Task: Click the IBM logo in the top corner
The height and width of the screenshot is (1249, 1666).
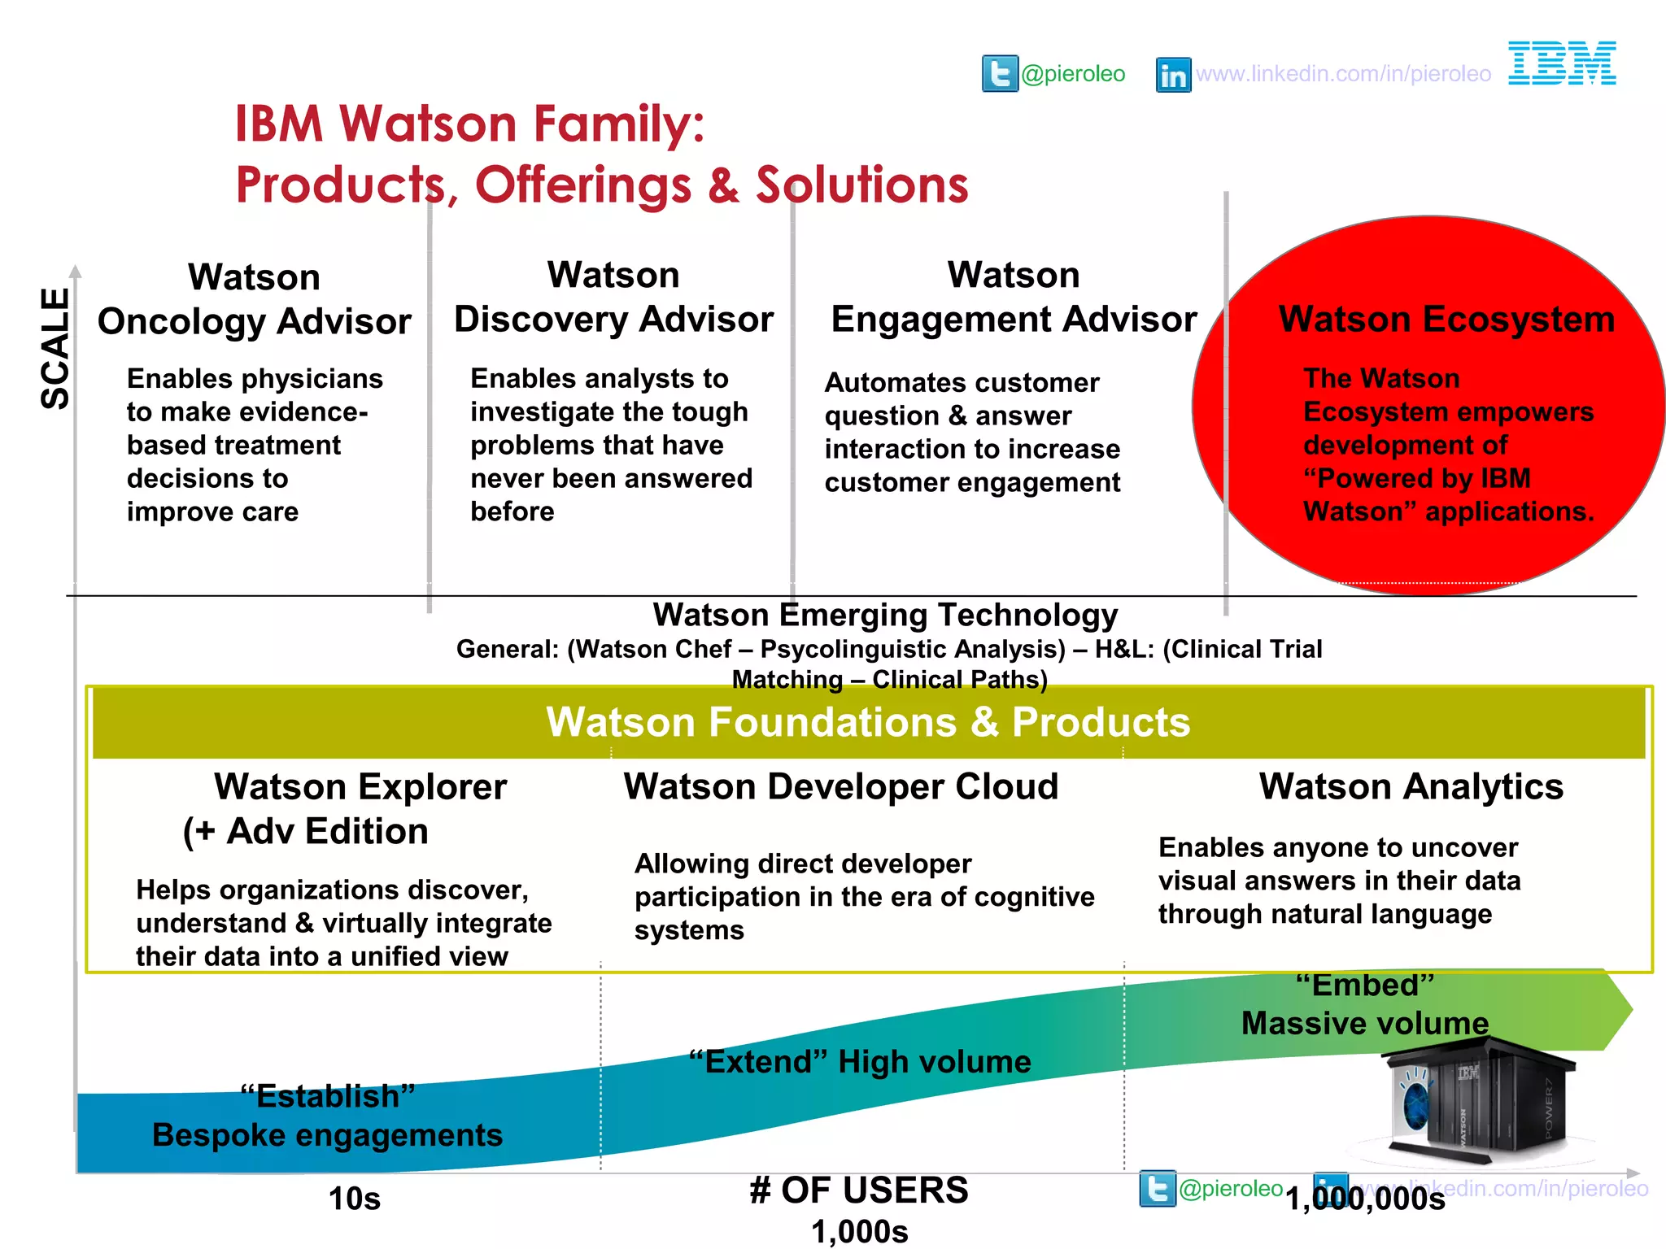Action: pyautogui.click(x=1562, y=63)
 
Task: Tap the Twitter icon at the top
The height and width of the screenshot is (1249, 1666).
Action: pyautogui.click(x=1000, y=74)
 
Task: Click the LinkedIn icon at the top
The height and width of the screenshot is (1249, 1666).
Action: pyautogui.click(x=1173, y=75)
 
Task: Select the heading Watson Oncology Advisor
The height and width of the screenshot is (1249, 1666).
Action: pyautogui.click(x=255, y=299)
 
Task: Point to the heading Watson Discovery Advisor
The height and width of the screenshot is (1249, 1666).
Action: pyautogui.click(x=613, y=297)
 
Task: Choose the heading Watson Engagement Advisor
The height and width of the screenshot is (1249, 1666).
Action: pyautogui.click(x=1014, y=297)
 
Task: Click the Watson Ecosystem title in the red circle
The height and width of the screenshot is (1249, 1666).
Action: pyautogui.click(x=1446, y=319)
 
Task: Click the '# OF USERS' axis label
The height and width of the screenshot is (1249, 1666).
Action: pyautogui.click(x=859, y=1190)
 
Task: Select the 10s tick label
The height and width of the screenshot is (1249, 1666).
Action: pyautogui.click(x=355, y=1199)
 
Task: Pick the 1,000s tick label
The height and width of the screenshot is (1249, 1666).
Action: pyautogui.click(x=859, y=1232)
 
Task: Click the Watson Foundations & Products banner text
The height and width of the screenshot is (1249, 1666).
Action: pyautogui.click(x=868, y=722)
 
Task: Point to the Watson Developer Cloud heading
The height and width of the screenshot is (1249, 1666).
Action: pyautogui.click(x=841, y=787)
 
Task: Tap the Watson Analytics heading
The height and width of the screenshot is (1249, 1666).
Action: pyautogui.click(x=1411, y=787)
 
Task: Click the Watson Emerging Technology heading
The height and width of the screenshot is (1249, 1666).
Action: pyautogui.click(x=885, y=616)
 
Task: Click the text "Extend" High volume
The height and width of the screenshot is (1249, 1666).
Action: pyautogui.click(x=860, y=1062)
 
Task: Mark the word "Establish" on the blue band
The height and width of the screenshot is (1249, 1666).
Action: pyautogui.click(x=328, y=1096)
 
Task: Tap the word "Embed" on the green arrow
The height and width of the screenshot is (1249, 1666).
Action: pyautogui.click(x=1365, y=986)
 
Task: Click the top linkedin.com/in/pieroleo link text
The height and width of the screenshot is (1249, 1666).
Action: pyautogui.click(x=1343, y=74)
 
